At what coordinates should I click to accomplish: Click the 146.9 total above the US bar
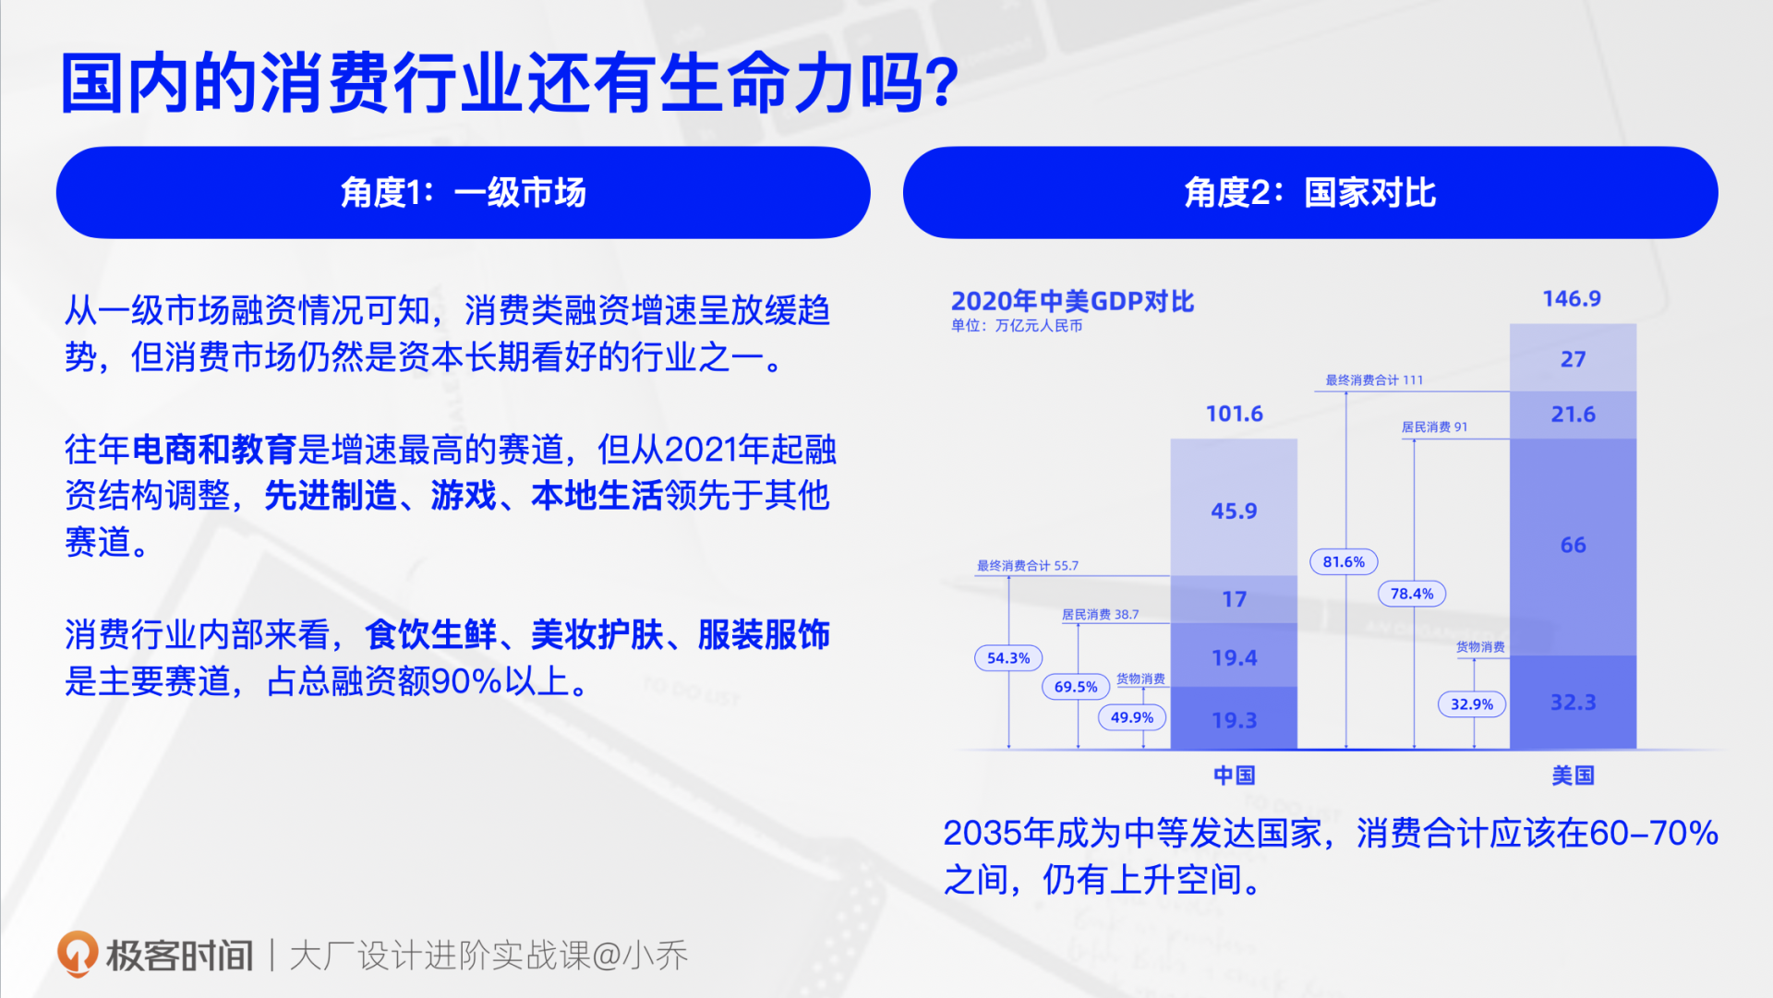(1572, 299)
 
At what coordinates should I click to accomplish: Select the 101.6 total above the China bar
(1234, 414)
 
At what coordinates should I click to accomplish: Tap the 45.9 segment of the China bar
(1234, 511)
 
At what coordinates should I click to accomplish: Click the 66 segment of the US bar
(1573, 545)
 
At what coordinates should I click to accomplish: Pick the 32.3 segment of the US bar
(1573, 703)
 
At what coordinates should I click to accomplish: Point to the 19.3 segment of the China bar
(1234, 720)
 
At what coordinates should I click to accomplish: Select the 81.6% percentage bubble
(1344, 561)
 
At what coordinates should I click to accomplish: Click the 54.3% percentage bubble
(1008, 658)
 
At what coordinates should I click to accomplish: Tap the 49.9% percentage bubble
(1132, 717)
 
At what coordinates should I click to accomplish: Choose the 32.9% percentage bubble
(1472, 704)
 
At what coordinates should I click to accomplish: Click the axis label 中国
(1234, 776)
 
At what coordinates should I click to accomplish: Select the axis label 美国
(1573, 776)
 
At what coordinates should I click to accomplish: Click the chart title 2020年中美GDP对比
(1072, 301)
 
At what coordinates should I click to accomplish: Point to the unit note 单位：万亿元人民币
(1017, 326)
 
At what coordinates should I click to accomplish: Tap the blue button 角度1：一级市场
(463, 192)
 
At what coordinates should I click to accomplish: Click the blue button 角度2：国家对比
(1309, 192)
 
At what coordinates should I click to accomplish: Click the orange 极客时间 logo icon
(78, 954)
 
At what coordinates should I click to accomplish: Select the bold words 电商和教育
(214, 450)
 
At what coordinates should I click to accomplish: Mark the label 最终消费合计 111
(1374, 380)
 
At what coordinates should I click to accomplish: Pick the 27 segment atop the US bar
(1573, 359)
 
